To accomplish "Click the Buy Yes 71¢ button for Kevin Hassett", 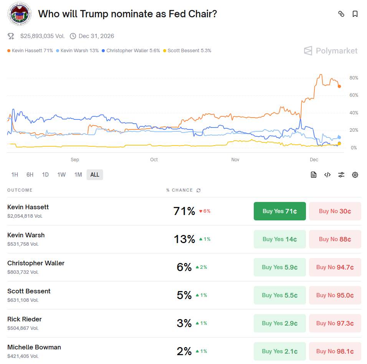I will (279, 211).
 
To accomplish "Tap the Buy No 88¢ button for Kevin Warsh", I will (335, 239).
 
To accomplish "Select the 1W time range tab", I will (61, 175).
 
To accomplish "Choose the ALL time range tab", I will (95, 175).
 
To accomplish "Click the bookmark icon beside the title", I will (355, 14).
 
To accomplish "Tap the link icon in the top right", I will (341, 14).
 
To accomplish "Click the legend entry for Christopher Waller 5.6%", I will (131, 51).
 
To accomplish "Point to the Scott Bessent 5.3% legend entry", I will (187, 51).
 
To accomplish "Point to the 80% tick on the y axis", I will (354, 78).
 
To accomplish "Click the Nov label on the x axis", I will (235, 160).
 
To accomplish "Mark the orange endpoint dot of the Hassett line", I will (339, 86).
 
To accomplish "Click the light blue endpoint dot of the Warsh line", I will (339, 137).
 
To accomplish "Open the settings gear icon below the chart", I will (355, 175).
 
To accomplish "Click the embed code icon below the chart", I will (327, 175).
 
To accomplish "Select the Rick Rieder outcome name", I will (25, 319).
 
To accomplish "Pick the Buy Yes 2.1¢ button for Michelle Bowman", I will (279, 351).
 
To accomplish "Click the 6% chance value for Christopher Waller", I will (184, 267).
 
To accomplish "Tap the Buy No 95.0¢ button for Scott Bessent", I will (335, 295).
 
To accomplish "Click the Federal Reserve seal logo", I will (18, 14).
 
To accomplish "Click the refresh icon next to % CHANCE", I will (198, 190).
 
